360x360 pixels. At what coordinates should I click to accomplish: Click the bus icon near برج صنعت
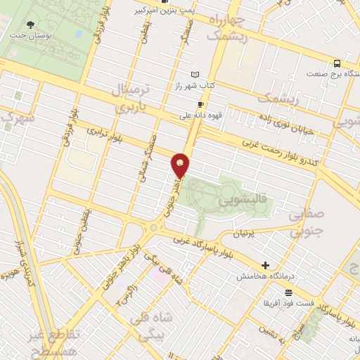(x=337, y=62)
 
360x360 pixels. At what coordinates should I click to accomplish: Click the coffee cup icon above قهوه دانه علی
(x=200, y=104)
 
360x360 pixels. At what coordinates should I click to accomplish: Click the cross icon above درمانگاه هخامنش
(x=265, y=266)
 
